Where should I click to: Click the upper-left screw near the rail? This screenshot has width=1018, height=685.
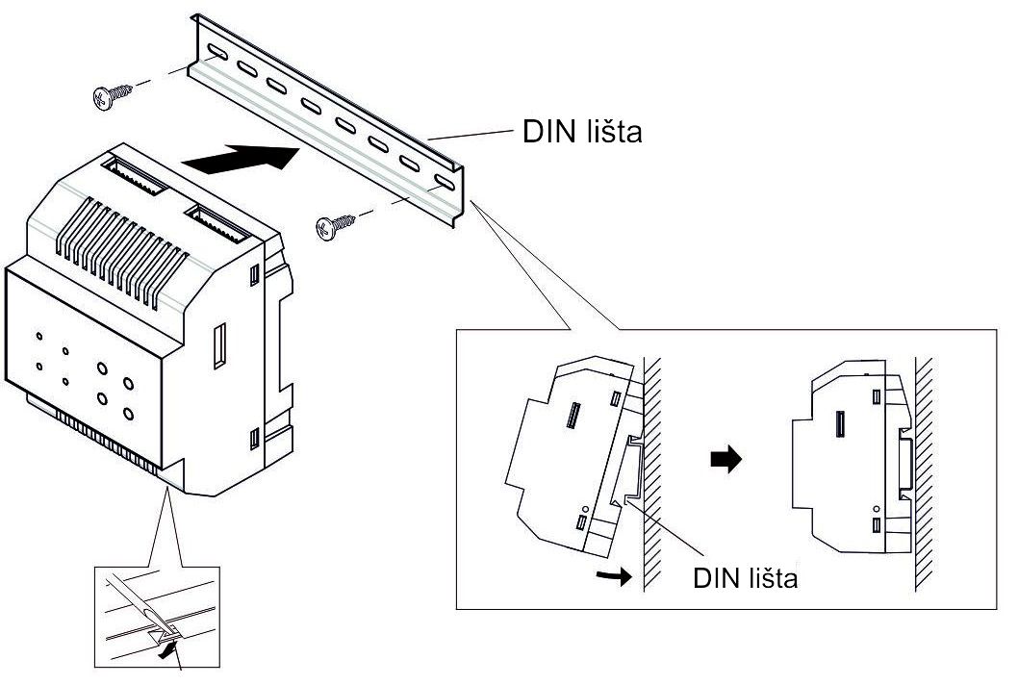(x=112, y=95)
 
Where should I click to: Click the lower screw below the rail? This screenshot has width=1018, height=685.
(x=333, y=227)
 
